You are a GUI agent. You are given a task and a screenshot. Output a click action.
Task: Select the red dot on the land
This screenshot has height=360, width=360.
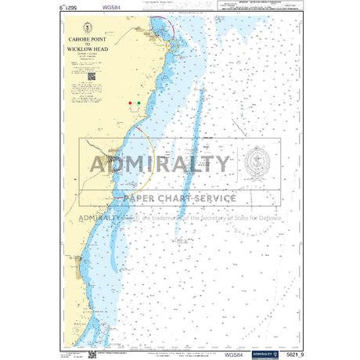(x=130, y=103)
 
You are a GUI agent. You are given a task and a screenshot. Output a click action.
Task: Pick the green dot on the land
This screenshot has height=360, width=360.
(x=139, y=103)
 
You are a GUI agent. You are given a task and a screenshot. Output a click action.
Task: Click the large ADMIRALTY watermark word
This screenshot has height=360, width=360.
(x=160, y=164)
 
